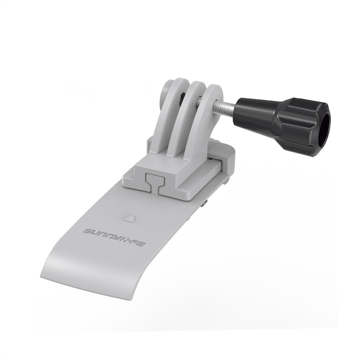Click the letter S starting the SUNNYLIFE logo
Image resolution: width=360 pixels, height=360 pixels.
89,231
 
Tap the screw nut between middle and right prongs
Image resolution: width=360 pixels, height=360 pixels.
199,103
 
